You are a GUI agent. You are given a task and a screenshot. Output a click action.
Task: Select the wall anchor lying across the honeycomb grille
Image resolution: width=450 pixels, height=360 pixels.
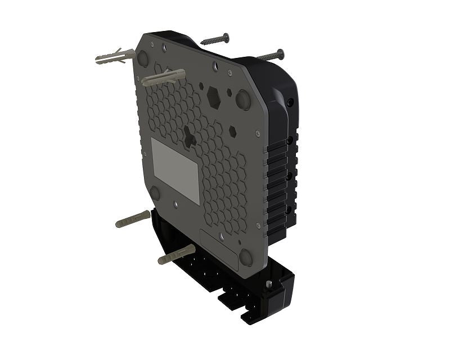coord(163,78)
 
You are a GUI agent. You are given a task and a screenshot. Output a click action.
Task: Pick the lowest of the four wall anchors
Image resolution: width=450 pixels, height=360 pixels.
coord(176,254)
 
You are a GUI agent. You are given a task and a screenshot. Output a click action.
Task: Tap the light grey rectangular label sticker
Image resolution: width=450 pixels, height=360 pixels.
coord(176,170)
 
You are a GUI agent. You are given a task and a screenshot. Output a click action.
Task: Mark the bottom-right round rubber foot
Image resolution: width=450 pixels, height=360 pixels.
coord(246,257)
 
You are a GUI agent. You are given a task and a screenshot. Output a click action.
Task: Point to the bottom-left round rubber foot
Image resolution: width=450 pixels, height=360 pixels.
coord(155,193)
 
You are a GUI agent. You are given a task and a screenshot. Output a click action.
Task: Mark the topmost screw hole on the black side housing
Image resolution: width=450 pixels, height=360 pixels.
coord(290,103)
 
